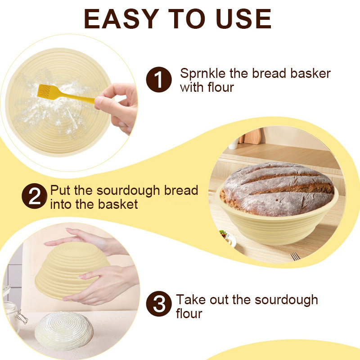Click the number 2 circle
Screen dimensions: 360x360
34,197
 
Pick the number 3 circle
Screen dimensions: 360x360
159,306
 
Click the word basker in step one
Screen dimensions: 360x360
310,73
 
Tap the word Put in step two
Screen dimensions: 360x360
59,190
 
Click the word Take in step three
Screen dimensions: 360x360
191,300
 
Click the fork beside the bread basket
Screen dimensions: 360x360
295,256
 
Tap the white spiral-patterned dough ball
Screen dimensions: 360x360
64,331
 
